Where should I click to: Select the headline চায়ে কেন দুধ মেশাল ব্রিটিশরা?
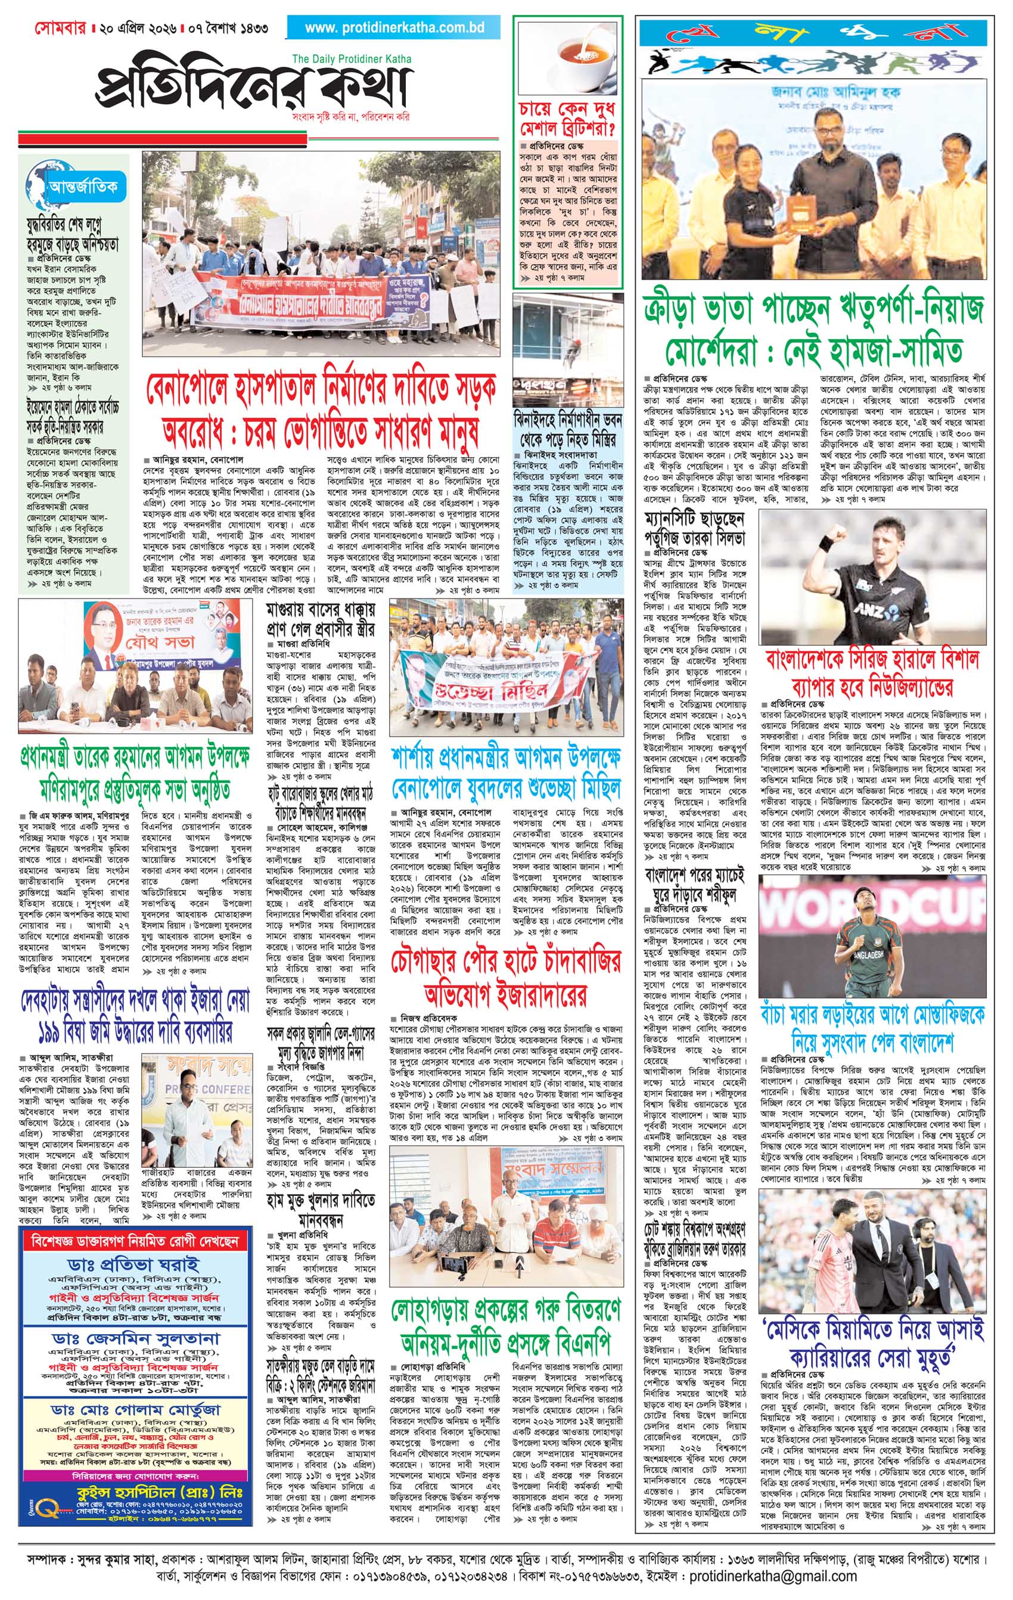(x=568, y=118)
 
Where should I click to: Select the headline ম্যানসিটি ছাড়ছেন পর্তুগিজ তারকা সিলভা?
(x=695, y=529)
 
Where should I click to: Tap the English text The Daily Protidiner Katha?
(x=352, y=59)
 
